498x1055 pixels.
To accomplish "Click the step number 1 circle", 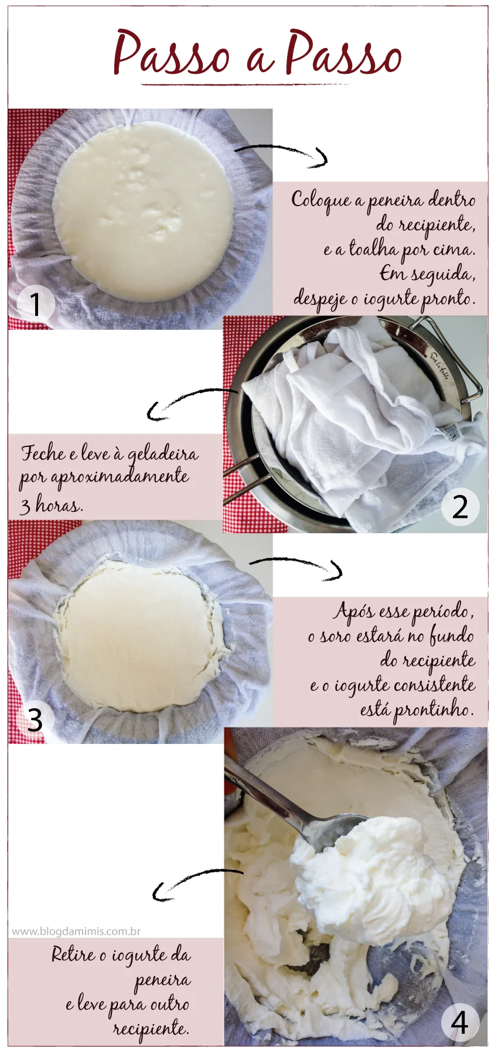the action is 36,304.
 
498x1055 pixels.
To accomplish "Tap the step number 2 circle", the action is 460,507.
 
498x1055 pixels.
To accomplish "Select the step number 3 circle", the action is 35,720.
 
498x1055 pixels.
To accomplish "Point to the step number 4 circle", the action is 460,1022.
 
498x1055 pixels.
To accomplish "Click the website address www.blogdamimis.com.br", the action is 76,931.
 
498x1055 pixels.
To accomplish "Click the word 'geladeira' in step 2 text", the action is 163,455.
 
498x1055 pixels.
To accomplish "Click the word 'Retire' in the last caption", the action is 73,955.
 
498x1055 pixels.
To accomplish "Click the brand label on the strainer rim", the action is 439,365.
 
